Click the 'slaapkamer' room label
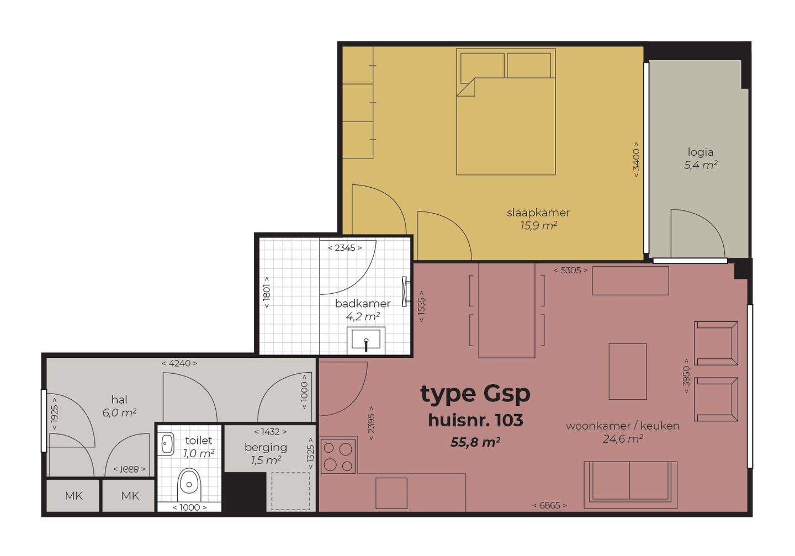pyautogui.click(x=538, y=213)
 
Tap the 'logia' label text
pyautogui.click(x=700, y=152)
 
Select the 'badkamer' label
pyautogui.click(x=362, y=304)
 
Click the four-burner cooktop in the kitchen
pyautogui.click(x=338, y=456)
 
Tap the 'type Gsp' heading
pyautogui.click(x=475, y=394)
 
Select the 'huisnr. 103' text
pyautogui.click(x=475, y=420)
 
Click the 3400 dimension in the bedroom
pyautogui.click(x=636, y=160)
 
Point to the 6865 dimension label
pyautogui.click(x=549, y=505)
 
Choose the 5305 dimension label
pyautogui.click(x=571, y=271)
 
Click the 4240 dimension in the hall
pyautogui.click(x=179, y=363)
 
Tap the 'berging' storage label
pyautogui.click(x=266, y=447)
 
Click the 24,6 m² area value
pyautogui.click(x=623, y=439)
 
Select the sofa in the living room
pyautogui.click(x=630, y=485)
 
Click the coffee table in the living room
pyautogui.click(x=628, y=372)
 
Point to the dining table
pyautogui.click(x=507, y=310)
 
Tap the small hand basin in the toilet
pyautogui.click(x=166, y=444)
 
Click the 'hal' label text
pyautogui.click(x=119, y=400)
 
